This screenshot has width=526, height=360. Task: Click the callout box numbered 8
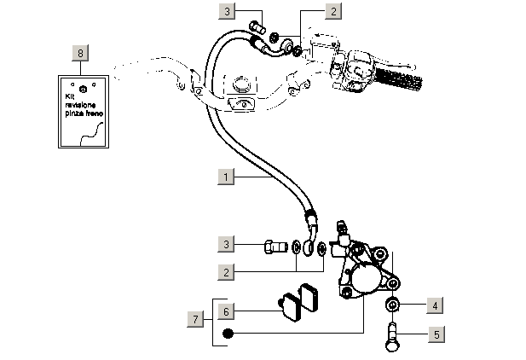pos(80,53)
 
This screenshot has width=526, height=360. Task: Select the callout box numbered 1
pos(226,177)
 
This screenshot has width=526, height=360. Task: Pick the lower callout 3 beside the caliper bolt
pos(226,246)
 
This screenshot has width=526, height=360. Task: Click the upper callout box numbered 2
pos(333,12)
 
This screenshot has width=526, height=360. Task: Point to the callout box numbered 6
pos(226,310)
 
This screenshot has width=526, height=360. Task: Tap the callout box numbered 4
pos(435,305)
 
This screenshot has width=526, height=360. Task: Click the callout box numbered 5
pos(435,334)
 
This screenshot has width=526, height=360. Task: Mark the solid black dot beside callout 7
pos(228,333)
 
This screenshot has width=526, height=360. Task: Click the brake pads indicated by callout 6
pos(298,301)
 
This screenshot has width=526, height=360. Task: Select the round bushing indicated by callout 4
pos(393,305)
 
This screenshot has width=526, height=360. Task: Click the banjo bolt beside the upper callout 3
pos(257,27)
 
